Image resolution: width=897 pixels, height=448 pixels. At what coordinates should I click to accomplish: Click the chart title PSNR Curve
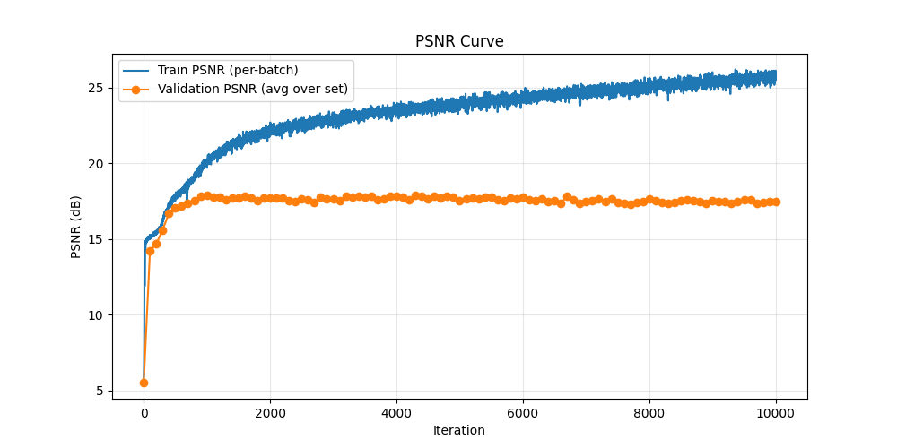[x=459, y=41]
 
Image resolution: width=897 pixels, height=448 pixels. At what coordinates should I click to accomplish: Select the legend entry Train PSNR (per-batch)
[x=228, y=70]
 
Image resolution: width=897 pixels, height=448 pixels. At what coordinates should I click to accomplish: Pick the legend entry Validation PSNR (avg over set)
[x=253, y=89]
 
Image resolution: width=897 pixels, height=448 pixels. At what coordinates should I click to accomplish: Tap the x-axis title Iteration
[x=459, y=430]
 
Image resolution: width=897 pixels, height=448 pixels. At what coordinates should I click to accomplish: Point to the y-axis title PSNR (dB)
[x=76, y=227]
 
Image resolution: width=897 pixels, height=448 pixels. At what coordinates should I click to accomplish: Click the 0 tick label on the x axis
[x=144, y=413]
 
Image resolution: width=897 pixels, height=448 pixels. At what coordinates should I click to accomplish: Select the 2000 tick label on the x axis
[x=270, y=413]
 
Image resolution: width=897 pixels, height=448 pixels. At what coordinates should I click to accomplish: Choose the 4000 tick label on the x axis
[x=396, y=413]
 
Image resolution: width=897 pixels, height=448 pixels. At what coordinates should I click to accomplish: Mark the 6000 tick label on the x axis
[x=523, y=413]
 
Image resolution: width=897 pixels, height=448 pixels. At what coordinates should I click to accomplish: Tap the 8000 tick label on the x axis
[x=649, y=413]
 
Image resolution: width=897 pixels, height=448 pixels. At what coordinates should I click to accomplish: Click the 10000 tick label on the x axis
[x=776, y=413]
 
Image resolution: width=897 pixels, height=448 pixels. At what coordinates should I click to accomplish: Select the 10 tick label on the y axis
[x=98, y=315]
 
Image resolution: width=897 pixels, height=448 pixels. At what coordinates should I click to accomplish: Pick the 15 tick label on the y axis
[x=98, y=239]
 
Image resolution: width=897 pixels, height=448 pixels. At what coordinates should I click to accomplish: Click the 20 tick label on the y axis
[x=98, y=164]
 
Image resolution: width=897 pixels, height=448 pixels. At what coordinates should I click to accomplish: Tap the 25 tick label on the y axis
[x=98, y=88]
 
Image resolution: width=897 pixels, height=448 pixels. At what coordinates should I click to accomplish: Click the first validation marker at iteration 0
[x=144, y=383]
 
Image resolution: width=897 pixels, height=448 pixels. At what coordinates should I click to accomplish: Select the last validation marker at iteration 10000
[x=776, y=202]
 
